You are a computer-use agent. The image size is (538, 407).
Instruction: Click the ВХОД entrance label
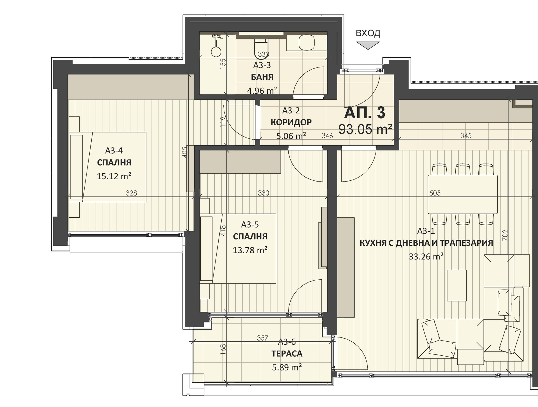368,33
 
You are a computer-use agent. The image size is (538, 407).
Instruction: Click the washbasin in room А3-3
307,42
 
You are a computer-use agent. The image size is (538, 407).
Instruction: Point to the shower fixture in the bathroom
216,45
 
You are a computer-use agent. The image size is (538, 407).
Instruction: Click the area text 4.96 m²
262,91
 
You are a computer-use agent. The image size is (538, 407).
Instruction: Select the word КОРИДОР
291,122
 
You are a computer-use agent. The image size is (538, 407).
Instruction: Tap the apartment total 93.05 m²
365,129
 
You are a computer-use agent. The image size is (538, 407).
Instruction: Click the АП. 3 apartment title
365,113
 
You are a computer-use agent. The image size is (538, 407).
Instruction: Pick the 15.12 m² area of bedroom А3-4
114,176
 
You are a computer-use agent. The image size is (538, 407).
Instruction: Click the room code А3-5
250,224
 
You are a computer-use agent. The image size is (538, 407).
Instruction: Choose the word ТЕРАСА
287,354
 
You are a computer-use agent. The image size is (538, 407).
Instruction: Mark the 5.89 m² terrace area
287,367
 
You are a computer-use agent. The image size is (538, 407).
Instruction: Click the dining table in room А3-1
463,194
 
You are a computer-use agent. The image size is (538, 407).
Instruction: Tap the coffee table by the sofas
457,286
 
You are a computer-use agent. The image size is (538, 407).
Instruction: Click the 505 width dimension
435,193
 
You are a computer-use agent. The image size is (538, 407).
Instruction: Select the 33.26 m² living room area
426,256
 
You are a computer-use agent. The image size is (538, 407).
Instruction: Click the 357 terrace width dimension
263,338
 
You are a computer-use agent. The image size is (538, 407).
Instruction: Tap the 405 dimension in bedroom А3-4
185,152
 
